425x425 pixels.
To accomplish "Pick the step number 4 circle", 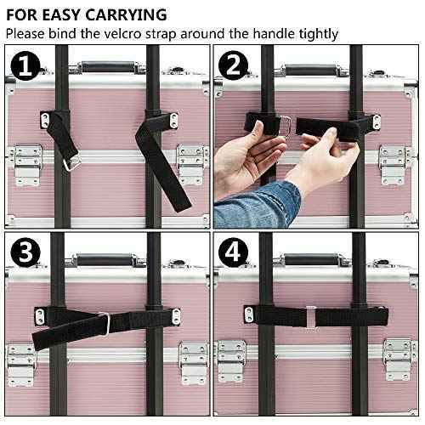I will click(233, 253).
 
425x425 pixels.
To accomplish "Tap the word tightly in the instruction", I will click(314, 33).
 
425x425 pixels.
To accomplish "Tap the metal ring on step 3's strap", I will click(102, 323).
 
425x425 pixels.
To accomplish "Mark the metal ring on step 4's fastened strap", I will click(310, 314).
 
